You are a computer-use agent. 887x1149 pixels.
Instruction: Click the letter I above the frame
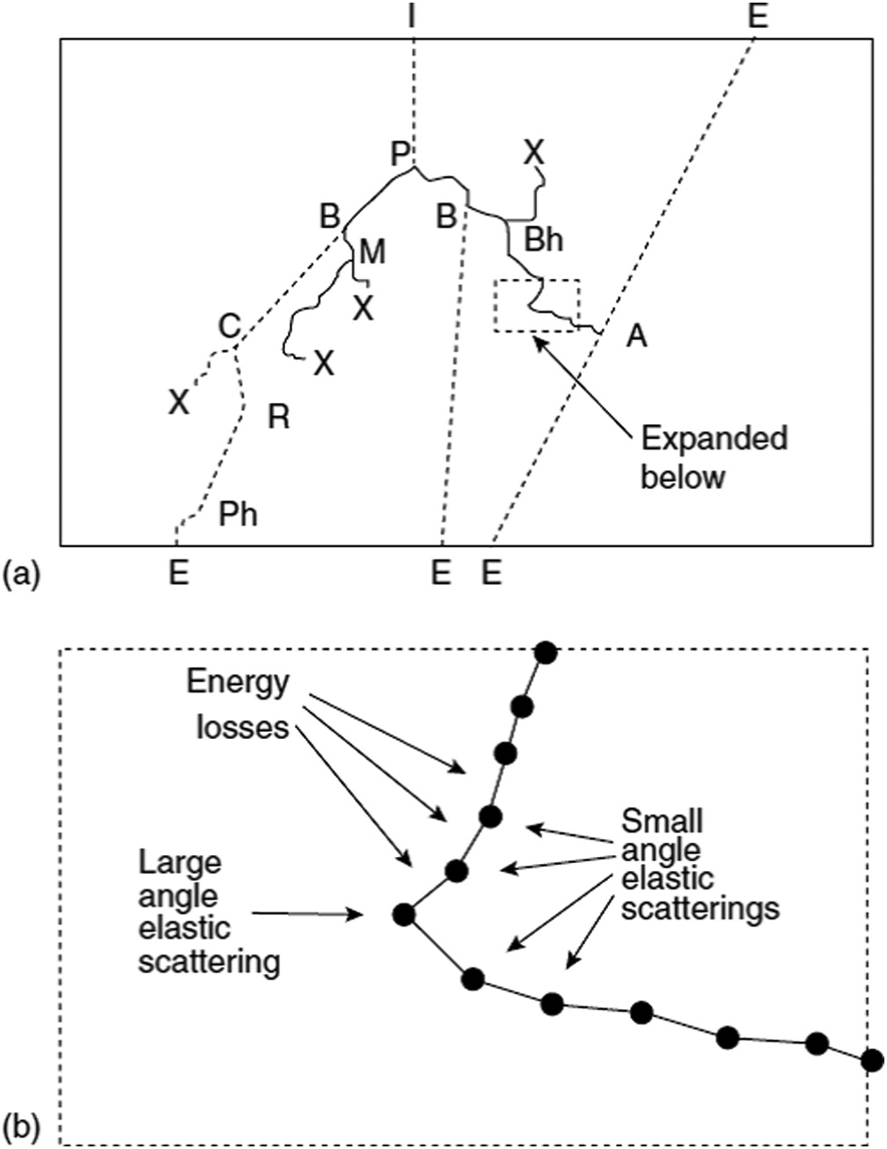[412, 16]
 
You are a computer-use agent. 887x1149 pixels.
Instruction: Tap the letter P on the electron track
[402, 156]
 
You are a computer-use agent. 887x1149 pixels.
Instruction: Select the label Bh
[543, 238]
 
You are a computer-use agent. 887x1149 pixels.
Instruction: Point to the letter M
[372, 252]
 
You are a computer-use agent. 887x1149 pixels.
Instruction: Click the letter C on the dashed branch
[229, 327]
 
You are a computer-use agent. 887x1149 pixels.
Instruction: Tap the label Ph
[238, 514]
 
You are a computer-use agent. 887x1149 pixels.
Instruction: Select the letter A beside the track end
[635, 335]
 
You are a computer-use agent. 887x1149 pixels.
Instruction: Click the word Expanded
[714, 439]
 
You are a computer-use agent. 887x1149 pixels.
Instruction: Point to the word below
[682, 477]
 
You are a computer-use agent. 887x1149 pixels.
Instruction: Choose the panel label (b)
[22, 1126]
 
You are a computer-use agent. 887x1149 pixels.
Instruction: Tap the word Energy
[238, 683]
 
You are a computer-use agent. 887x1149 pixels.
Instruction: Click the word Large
[180, 863]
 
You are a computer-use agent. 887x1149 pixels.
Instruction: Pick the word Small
[662, 821]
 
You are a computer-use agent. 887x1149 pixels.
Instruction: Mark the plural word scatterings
[700, 906]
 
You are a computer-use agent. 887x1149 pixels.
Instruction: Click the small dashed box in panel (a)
[537, 305]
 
